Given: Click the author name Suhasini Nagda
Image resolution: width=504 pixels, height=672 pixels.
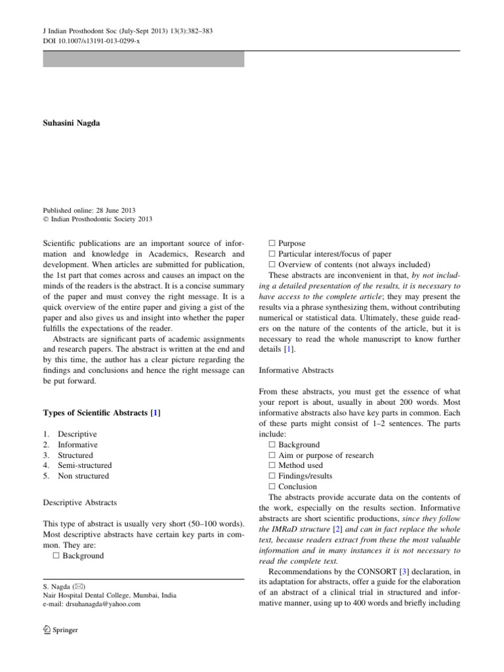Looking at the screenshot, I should (x=72, y=123).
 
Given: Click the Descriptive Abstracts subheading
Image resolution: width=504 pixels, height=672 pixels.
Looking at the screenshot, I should (x=79, y=503).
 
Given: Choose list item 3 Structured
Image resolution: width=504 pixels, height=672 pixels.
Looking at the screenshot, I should (x=75, y=455).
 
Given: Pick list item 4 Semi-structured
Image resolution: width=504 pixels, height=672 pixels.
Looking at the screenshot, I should (x=83, y=465).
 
